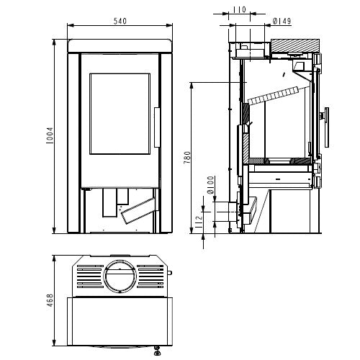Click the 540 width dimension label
tap(120, 21)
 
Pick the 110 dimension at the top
tap(239, 11)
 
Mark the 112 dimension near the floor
tap(199, 222)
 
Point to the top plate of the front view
tap(120, 45)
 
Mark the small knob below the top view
tap(157, 353)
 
